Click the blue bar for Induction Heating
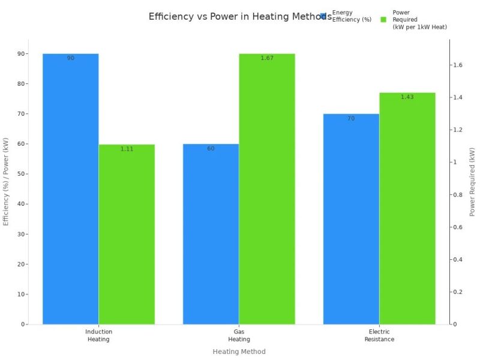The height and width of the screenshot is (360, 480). (x=70, y=189)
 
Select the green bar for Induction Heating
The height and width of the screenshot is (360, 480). (x=127, y=234)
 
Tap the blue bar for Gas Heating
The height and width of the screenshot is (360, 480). (x=211, y=234)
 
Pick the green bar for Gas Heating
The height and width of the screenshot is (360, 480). (x=267, y=189)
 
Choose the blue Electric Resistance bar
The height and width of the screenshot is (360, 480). (x=351, y=219)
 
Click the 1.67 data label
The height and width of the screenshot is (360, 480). (x=267, y=58)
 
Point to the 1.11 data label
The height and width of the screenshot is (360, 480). (x=127, y=149)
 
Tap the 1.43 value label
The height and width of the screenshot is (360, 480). (x=407, y=97)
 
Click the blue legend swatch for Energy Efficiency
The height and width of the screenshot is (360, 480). (x=323, y=16)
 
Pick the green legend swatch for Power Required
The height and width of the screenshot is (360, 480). (x=383, y=19)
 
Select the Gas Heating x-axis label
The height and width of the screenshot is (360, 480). (x=239, y=335)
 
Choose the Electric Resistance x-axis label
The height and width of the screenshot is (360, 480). (x=379, y=335)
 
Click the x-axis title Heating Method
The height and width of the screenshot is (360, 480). (x=239, y=352)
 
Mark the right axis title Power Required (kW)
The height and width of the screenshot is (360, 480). (x=472, y=182)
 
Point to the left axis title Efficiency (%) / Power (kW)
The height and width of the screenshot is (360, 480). (x=7, y=182)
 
